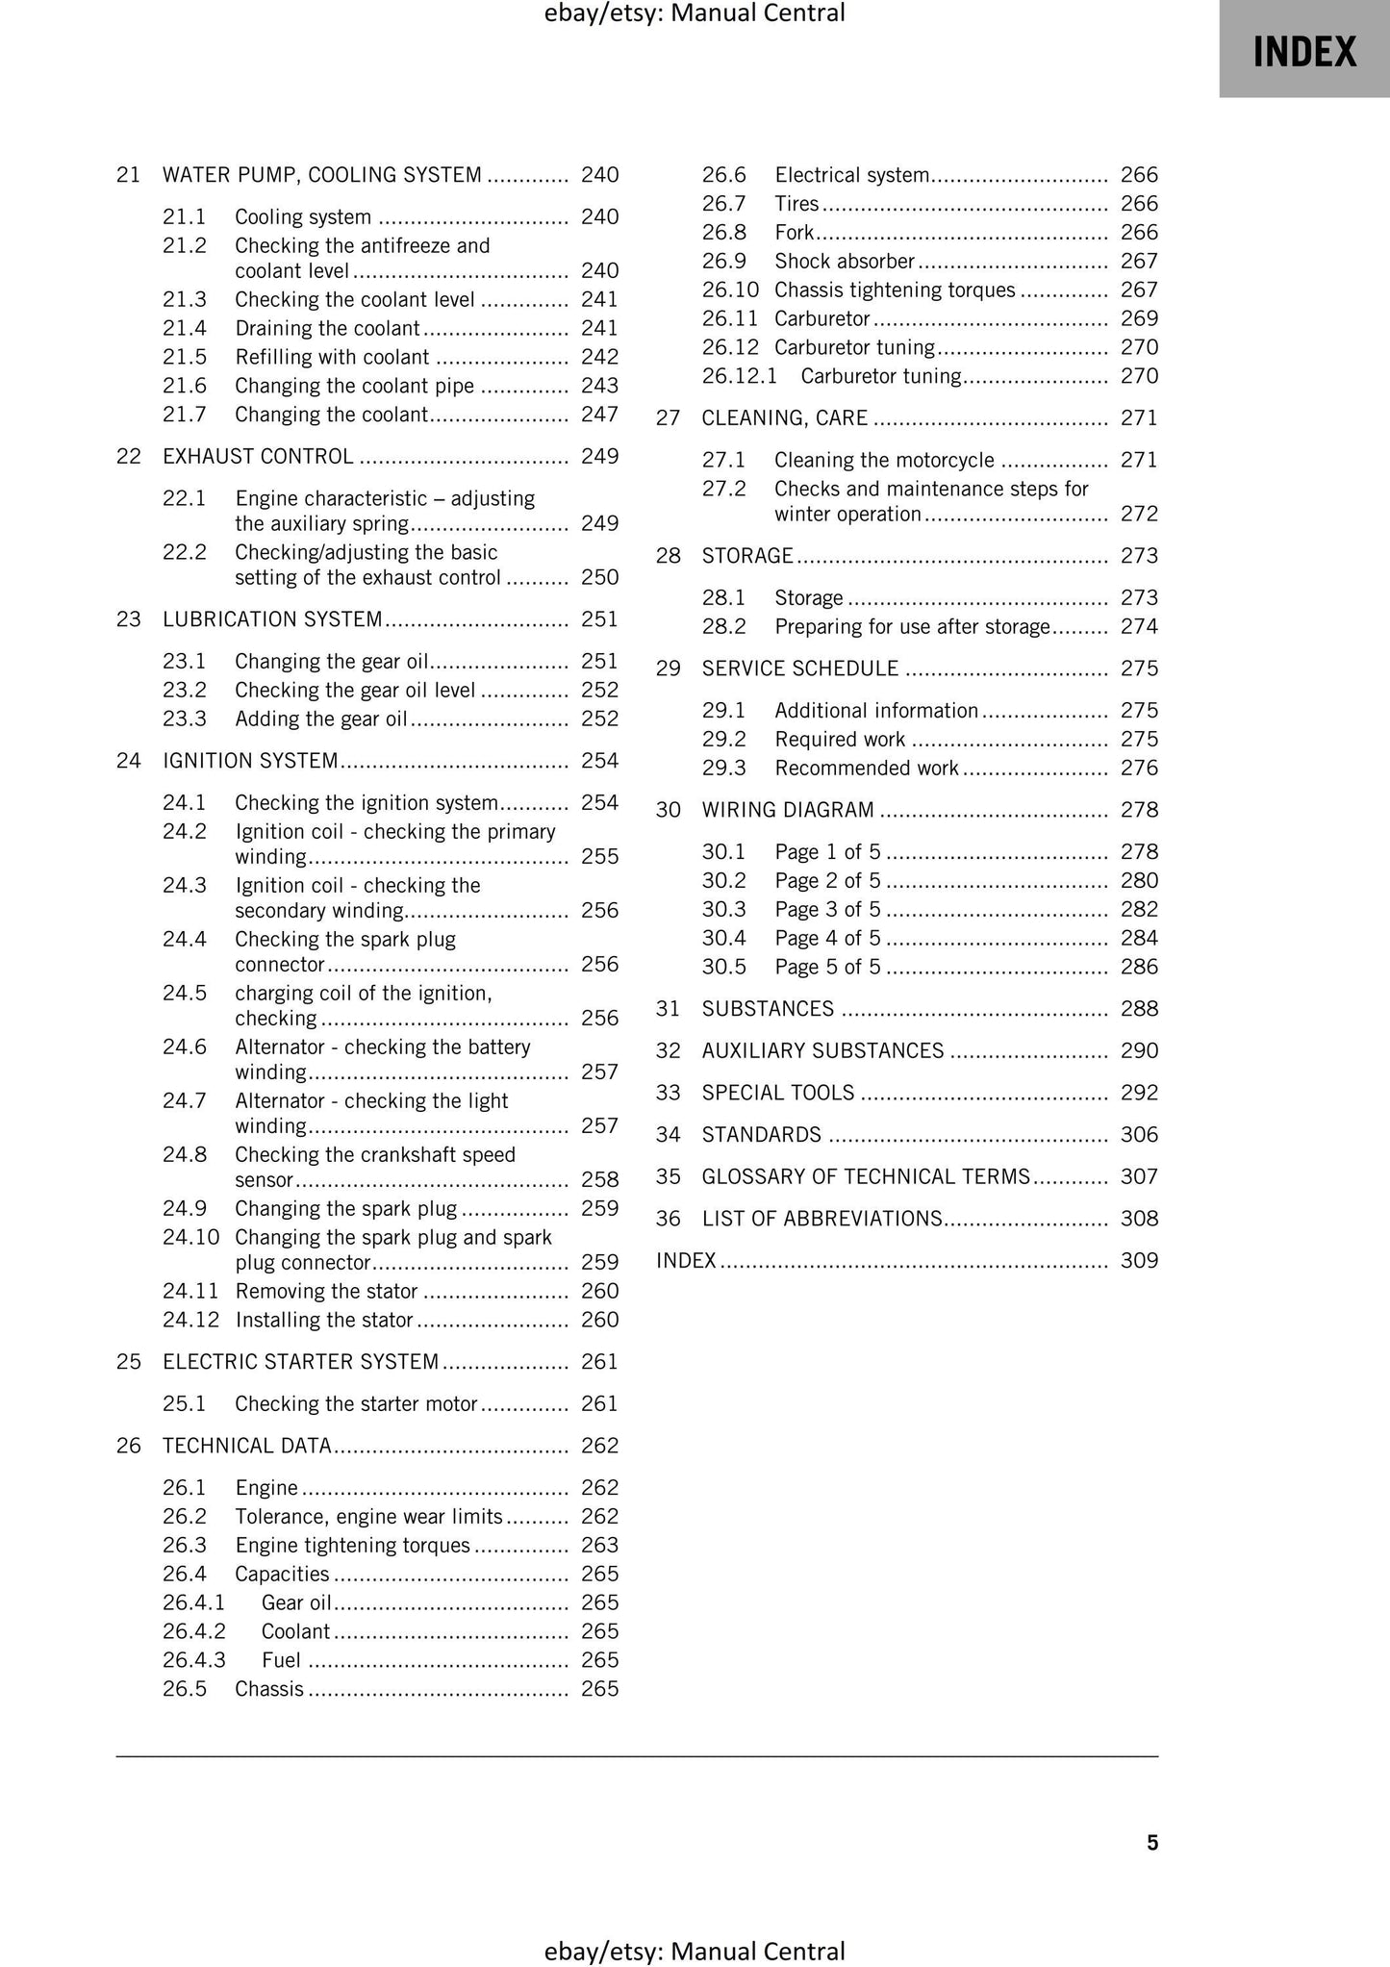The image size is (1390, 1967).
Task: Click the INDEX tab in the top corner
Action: [x=1303, y=50]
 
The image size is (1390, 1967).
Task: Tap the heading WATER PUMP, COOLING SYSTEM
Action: [x=321, y=175]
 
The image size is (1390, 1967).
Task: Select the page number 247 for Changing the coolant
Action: [x=599, y=415]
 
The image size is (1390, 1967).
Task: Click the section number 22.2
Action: [x=184, y=552]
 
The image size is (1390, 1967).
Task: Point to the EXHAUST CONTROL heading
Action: [x=258, y=456]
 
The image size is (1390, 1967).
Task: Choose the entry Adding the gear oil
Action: [x=321, y=719]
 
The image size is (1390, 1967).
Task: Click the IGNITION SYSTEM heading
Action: [x=250, y=761]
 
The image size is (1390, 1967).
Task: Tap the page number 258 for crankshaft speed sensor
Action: [x=599, y=1180]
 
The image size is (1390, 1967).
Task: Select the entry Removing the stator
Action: [x=326, y=1292]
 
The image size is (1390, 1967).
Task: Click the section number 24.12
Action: [x=190, y=1321]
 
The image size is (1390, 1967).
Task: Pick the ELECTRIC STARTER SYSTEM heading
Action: [x=300, y=1362]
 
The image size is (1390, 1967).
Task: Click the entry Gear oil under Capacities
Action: [x=296, y=1602]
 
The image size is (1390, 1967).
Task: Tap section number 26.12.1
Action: [x=739, y=376]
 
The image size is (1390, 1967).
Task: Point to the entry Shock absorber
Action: [x=844, y=262]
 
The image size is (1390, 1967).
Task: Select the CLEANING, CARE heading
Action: [x=784, y=418]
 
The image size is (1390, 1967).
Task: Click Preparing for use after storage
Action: [x=912, y=627]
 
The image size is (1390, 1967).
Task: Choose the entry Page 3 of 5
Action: [x=827, y=910]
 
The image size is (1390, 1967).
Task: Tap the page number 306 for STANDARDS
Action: [x=1139, y=1135]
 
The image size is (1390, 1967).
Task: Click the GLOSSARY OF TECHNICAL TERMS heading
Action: [x=866, y=1177]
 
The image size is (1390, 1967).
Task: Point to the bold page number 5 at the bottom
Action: [x=1152, y=1843]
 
